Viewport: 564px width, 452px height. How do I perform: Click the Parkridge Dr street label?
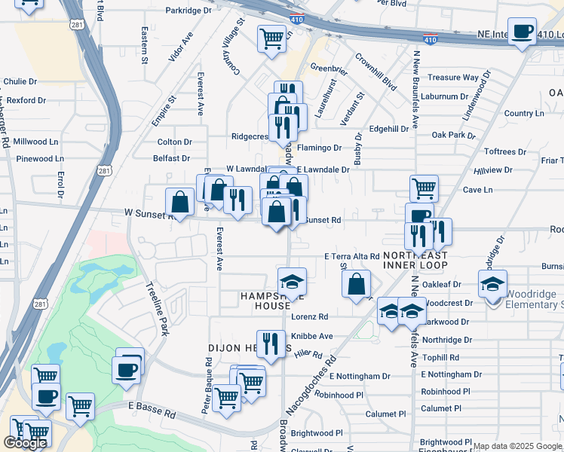(189, 11)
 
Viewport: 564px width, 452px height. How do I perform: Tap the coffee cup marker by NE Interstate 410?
(522, 32)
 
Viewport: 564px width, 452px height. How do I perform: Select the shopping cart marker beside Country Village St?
(271, 38)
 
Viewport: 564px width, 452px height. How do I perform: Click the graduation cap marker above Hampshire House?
(292, 282)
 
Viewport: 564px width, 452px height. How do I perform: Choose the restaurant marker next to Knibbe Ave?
(271, 344)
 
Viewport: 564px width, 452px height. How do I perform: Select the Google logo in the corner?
(24, 443)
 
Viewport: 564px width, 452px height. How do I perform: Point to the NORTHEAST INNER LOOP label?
(415, 260)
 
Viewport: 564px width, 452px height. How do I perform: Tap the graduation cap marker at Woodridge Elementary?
(492, 284)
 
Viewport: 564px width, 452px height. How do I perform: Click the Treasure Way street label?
(453, 78)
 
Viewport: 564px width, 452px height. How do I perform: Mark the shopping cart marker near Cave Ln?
(424, 188)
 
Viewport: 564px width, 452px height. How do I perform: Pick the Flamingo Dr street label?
(320, 148)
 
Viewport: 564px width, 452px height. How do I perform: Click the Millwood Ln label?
(35, 141)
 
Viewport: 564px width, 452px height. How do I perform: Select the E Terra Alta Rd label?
(352, 257)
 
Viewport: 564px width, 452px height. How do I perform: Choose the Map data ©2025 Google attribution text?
(517, 446)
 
